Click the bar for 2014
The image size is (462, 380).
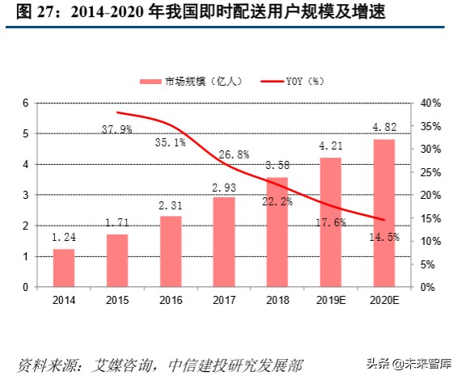tap(64, 268)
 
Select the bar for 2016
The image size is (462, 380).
tap(171, 251)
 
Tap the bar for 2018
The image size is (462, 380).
tap(277, 232)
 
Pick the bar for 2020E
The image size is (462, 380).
tap(384, 213)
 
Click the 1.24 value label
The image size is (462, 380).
tap(64, 238)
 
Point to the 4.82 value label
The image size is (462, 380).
tap(384, 127)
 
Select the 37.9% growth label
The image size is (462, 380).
tap(117, 129)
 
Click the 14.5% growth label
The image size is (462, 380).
tap(384, 237)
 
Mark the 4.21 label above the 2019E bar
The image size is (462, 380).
tap(330, 146)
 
